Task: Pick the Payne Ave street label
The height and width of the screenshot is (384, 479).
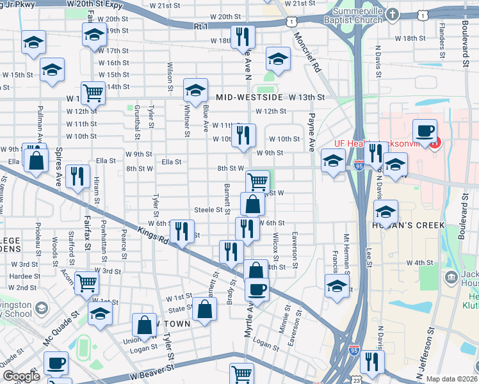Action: tap(312, 132)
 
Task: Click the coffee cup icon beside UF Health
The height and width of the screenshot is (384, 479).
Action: tap(425, 132)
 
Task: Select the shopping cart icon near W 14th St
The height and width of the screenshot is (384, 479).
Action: tap(93, 93)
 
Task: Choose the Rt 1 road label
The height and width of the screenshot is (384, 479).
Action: tap(201, 26)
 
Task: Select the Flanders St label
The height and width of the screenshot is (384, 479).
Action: tap(441, 41)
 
